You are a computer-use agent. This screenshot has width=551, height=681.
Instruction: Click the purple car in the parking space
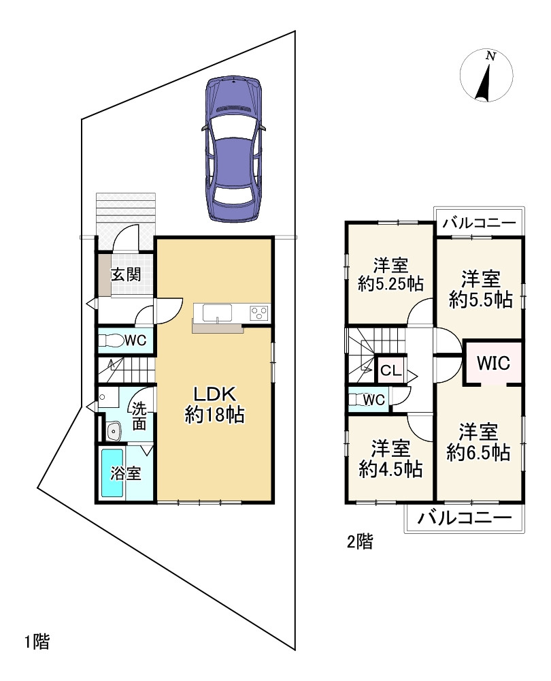point(233,148)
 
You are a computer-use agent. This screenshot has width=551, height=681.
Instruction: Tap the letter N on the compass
point(490,56)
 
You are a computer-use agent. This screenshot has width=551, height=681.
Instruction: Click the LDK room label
point(214,394)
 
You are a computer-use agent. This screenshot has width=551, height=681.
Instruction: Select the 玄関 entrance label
point(126,274)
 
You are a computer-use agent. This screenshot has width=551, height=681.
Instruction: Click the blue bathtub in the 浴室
point(112,473)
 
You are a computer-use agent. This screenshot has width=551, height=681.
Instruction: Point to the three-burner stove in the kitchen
point(259,313)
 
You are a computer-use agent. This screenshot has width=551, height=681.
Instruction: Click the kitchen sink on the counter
point(217,313)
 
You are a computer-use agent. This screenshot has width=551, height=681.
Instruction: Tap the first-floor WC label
point(135,340)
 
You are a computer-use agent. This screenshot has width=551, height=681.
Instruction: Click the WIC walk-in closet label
point(493,363)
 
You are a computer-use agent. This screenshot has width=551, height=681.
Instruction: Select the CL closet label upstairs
point(391,370)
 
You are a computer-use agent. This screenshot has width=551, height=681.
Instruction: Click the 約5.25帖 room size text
point(390,283)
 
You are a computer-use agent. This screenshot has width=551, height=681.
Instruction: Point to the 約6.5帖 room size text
point(478,453)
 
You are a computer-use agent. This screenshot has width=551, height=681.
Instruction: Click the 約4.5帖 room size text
point(390,469)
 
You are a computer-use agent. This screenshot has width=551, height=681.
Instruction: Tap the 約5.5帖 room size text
point(481,299)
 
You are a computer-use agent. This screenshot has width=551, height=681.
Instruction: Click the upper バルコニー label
point(480,223)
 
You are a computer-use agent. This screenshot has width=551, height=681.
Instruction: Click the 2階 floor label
point(360,541)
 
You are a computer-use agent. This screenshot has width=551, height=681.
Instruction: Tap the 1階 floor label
point(37,642)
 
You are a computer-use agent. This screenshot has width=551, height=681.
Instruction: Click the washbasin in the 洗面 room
point(113,431)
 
